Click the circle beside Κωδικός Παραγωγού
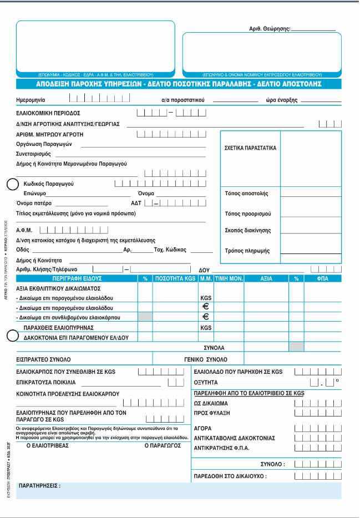point(11,184)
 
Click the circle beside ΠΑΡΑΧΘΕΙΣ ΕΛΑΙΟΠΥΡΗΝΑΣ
point(11,335)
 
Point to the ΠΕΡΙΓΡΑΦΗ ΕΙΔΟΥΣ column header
point(75,278)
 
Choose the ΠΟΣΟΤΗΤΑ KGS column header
point(175,278)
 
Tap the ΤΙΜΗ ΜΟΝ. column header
point(229,278)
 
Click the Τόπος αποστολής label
point(247,194)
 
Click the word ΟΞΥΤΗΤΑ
point(206,382)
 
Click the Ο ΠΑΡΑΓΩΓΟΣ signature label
point(163,445)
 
